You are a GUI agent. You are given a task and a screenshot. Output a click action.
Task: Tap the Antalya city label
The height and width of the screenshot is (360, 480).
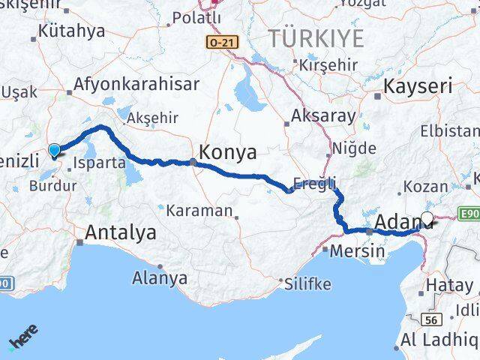(121, 232)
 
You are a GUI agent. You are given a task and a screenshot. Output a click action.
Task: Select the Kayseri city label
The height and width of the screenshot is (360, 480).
(418, 86)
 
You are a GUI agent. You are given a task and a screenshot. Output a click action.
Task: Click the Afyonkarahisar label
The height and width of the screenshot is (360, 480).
(130, 83)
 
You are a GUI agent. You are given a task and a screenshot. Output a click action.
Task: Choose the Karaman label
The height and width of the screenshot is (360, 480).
(199, 211)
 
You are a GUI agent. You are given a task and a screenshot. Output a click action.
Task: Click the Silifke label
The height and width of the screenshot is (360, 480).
(310, 284)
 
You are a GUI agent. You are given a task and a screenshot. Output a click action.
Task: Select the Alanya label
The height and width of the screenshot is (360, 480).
(160, 278)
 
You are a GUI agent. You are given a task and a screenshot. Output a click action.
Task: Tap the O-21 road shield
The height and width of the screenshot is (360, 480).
(222, 43)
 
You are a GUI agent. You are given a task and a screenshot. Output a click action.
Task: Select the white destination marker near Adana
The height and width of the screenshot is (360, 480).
(427, 219)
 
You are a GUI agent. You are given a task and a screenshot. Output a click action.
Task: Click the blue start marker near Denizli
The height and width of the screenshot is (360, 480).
(54, 150)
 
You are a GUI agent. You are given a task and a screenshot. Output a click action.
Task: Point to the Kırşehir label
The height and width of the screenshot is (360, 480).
(328, 65)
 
